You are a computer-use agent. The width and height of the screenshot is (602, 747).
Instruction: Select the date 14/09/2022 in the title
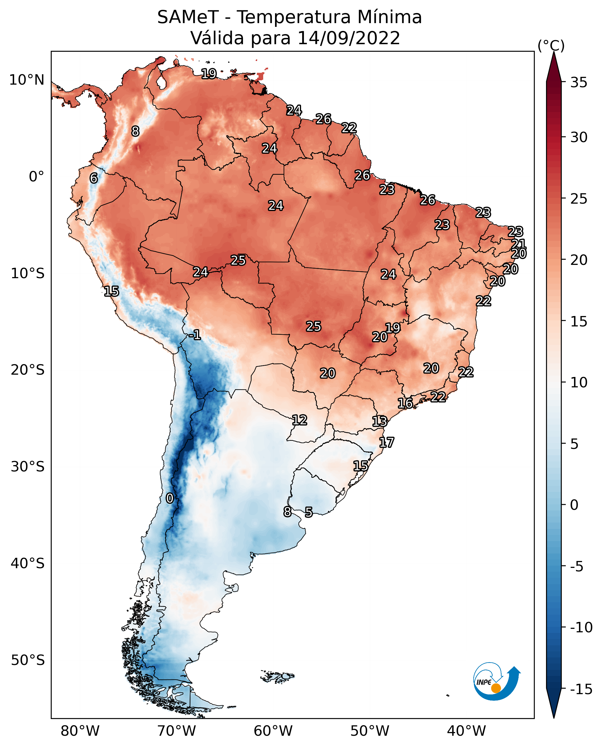(x=349, y=38)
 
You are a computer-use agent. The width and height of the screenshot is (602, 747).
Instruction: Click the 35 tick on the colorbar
(x=579, y=83)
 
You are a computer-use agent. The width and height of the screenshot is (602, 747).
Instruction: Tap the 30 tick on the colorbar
(x=579, y=137)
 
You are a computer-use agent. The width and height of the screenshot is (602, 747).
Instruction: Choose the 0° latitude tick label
(x=36, y=177)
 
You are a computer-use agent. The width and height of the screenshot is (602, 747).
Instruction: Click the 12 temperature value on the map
(x=299, y=420)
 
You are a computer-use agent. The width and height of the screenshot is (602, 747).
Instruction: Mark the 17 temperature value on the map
(x=386, y=443)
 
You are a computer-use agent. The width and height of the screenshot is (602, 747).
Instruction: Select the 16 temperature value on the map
(x=405, y=403)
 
